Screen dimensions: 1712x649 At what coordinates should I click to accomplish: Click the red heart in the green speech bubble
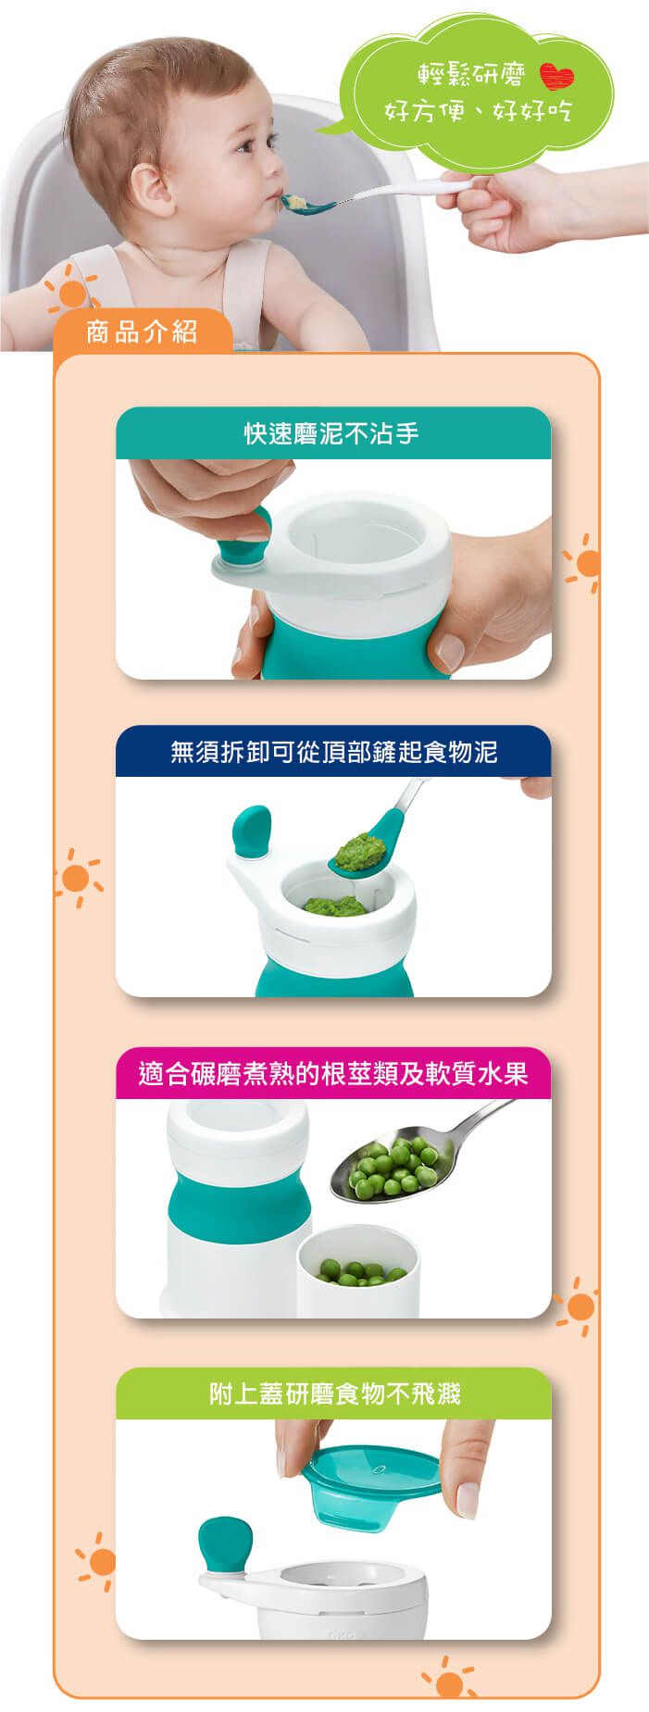(556, 77)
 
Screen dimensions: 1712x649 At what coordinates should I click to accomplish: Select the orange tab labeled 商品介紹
(142, 331)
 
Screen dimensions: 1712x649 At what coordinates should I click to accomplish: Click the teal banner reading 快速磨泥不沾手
(332, 433)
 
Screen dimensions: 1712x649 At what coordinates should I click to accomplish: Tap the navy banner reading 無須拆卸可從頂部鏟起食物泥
(332, 751)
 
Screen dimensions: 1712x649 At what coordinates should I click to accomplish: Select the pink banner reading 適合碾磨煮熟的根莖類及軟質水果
(332, 1073)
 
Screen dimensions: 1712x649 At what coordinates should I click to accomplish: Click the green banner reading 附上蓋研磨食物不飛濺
(332, 1393)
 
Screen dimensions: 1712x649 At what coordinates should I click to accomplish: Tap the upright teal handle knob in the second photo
(251, 830)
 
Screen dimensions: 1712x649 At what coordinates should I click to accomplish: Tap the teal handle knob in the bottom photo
(224, 1543)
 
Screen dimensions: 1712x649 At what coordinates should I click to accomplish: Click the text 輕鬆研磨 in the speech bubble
(470, 76)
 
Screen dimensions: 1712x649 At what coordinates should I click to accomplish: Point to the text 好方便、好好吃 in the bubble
(478, 112)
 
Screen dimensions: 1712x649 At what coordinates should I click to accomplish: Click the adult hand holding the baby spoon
(518, 208)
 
